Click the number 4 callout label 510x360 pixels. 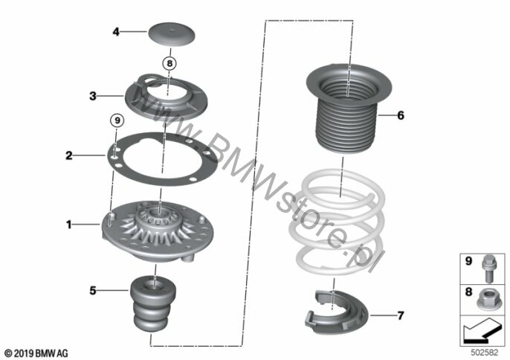(x=116, y=32)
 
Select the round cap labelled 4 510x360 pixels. (x=172, y=34)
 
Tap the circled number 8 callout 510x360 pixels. (x=170, y=63)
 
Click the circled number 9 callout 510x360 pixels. (x=117, y=120)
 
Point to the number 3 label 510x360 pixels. (x=93, y=96)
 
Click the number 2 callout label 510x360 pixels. (x=69, y=155)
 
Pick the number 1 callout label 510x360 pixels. (x=68, y=225)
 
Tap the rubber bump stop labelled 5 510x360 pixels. (x=153, y=303)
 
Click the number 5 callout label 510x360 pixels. (x=93, y=290)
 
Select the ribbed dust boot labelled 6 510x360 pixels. (x=349, y=109)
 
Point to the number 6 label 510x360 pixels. (x=401, y=115)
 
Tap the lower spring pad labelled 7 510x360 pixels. (x=336, y=312)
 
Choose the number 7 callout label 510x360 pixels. (x=401, y=315)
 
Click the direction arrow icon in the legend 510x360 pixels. (x=481, y=330)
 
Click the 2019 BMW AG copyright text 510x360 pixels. (x=36, y=353)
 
